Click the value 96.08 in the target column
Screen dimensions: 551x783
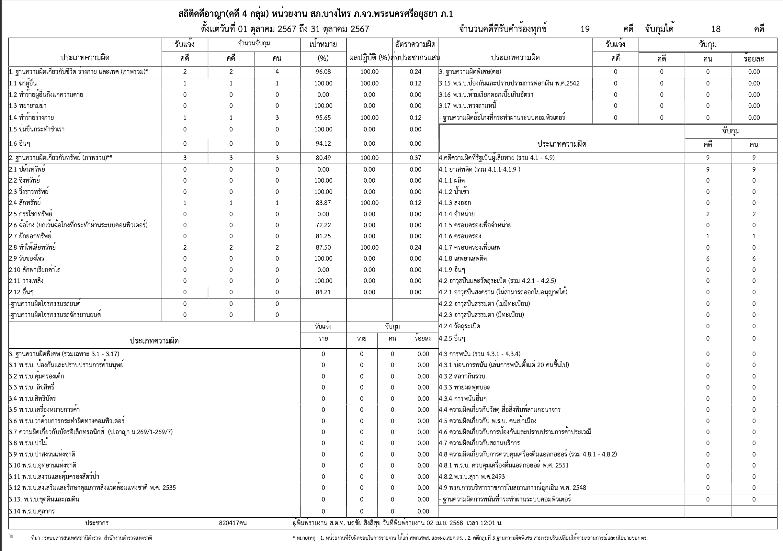click(x=323, y=72)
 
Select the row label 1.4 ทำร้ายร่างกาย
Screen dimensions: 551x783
click(x=31, y=118)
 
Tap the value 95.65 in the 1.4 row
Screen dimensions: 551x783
click(x=323, y=118)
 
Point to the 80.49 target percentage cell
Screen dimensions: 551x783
click(x=323, y=158)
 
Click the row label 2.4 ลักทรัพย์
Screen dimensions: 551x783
click(x=25, y=203)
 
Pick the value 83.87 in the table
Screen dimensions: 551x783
click(x=323, y=203)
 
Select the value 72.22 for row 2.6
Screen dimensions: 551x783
click(x=323, y=225)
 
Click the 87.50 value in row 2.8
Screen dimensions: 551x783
click(x=323, y=248)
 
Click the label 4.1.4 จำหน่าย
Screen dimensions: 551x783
click(x=457, y=214)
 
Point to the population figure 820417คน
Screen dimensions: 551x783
click(x=233, y=523)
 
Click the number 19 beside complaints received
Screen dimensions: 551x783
click(x=585, y=29)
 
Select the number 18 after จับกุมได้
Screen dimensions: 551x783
click(x=716, y=29)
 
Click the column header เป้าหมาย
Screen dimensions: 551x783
click(x=323, y=44)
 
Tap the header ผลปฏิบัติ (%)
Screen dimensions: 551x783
click(x=369, y=58)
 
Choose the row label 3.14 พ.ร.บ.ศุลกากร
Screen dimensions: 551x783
click(x=32, y=511)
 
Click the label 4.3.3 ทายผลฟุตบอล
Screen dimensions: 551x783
click(x=464, y=387)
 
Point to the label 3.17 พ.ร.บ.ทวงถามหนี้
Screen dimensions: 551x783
click(x=468, y=106)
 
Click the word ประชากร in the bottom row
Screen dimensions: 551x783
click(x=97, y=523)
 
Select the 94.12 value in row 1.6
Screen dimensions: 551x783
click(x=323, y=143)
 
